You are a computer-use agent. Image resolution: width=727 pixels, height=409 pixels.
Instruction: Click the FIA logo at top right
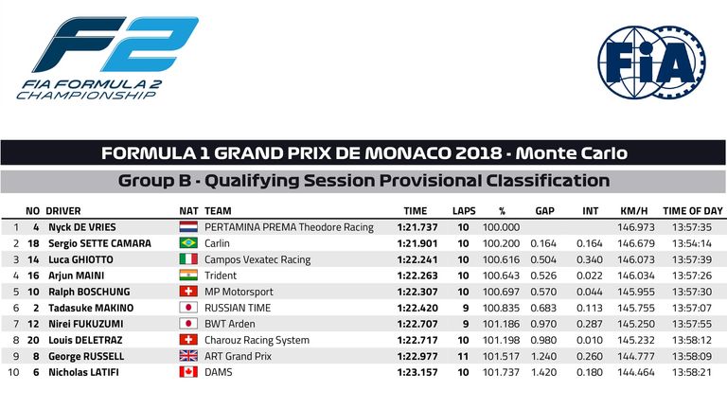pos(652,62)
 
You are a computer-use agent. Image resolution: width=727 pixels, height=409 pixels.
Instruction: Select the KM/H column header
pos(634,211)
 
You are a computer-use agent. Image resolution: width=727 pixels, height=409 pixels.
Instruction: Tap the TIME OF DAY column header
pos(693,211)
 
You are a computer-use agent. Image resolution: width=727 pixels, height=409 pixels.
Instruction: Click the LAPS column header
pos(464,211)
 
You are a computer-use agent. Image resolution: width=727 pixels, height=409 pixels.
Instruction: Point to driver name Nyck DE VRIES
pos(82,227)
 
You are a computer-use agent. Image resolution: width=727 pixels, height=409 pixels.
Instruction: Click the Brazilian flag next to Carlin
pos(188,243)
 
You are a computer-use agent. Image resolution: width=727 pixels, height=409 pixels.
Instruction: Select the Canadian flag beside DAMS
pos(188,372)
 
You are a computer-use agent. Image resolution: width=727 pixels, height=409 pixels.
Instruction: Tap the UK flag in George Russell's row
pos(188,356)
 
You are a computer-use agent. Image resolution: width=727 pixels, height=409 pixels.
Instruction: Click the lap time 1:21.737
pos(417,227)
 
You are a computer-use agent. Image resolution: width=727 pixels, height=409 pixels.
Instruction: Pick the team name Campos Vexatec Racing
pos(257,259)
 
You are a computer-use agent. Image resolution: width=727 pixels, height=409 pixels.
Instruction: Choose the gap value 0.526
pos(543,276)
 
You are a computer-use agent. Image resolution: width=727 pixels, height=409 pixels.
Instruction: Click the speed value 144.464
pos(636,372)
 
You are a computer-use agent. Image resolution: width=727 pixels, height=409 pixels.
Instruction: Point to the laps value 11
pos(463,356)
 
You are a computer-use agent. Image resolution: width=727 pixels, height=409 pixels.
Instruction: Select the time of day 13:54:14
pos(692,243)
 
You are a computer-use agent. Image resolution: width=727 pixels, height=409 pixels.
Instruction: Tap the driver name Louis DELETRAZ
pos(85,340)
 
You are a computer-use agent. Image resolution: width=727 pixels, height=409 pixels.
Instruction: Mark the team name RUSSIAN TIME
pos(238,308)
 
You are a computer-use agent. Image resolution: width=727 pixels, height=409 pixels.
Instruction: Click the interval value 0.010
pos(590,340)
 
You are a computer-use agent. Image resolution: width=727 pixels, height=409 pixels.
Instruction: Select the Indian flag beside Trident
pos(188,276)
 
